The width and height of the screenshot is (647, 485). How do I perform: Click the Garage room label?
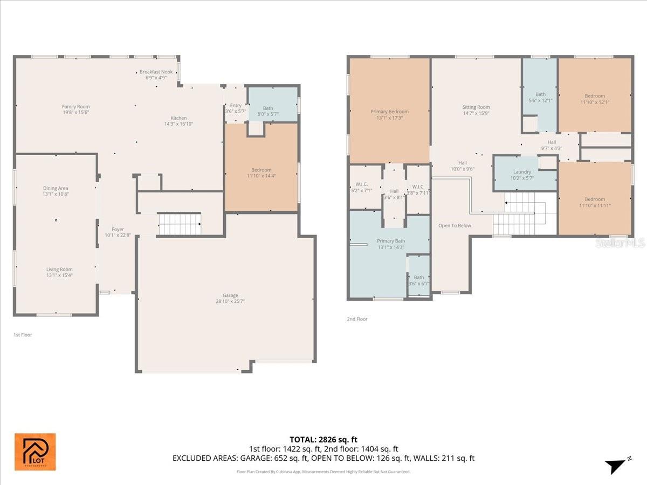(230, 295)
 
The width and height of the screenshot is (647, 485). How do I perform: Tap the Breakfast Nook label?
(156, 72)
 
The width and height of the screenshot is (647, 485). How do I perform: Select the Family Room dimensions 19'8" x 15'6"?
(75, 112)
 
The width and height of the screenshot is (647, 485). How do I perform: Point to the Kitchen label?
(178, 118)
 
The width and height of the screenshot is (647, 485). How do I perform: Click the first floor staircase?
(180, 224)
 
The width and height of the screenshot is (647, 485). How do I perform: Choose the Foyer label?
(118, 230)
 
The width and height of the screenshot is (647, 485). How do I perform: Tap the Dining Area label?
(56, 188)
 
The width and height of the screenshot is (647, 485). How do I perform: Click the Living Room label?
(59, 269)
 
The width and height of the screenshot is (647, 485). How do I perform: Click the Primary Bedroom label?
(389, 112)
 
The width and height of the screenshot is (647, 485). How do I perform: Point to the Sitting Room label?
(476, 107)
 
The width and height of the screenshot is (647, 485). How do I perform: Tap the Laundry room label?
(522, 172)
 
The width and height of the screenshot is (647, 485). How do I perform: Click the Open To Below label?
(455, 225)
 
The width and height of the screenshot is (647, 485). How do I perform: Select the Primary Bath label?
(391, 241)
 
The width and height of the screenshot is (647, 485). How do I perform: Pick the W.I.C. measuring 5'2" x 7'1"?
(361, 187)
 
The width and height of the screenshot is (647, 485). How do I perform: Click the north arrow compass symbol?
(617, 466)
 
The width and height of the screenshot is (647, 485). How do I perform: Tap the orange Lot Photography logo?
(35, 452)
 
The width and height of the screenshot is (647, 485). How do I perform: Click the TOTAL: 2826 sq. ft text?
(323, 439)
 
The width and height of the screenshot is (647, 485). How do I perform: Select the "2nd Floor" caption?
(357, 319)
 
